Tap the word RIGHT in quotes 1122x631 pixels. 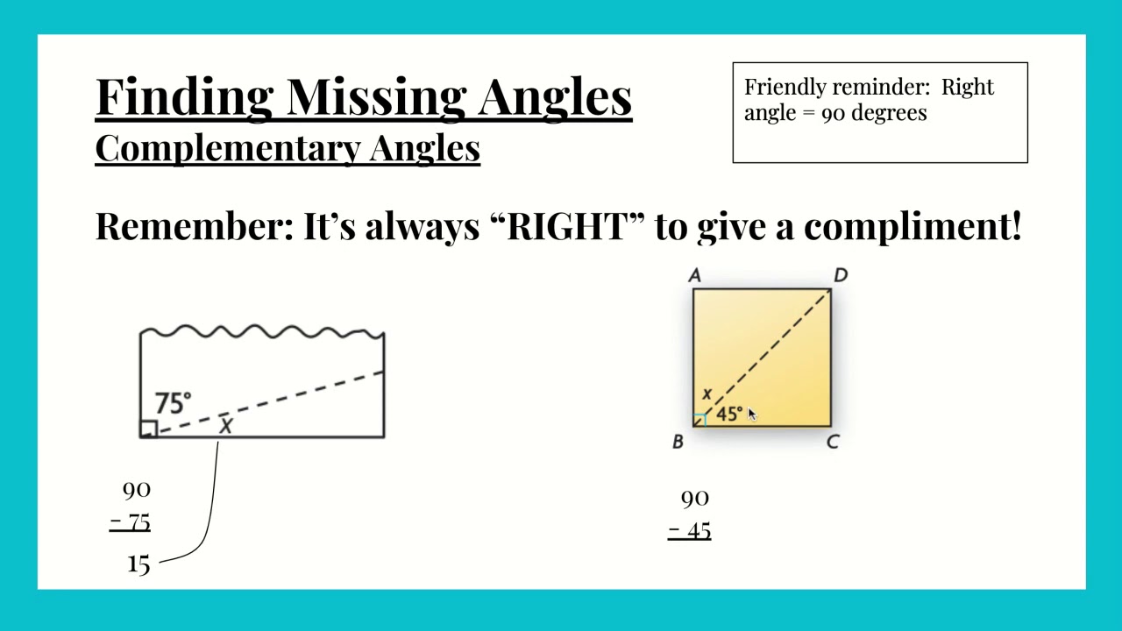567,226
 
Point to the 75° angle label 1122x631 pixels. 172,403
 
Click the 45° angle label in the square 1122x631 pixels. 728,414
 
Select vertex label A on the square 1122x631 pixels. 695,276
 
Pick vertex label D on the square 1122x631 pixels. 841,276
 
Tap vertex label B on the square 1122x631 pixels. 678,443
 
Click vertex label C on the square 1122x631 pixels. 833,443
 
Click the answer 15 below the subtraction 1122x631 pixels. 138,564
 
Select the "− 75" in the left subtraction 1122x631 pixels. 131,523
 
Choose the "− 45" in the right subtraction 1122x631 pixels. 690,531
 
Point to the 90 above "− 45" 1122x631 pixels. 694,499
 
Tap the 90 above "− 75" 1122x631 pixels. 137,490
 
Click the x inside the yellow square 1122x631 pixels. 707,394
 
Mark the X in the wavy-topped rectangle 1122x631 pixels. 226,426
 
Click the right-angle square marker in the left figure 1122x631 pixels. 148,429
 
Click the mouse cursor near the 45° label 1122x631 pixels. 751,415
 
